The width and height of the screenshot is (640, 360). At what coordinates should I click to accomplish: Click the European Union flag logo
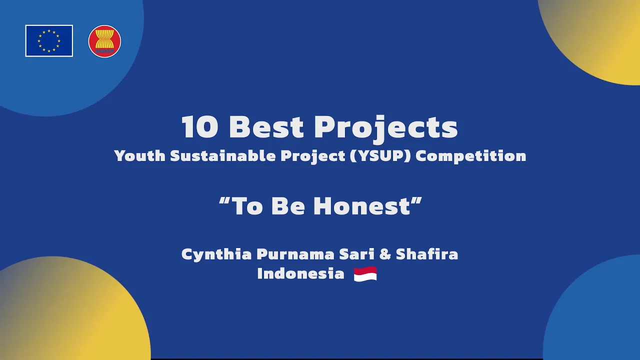(x=49, y=41)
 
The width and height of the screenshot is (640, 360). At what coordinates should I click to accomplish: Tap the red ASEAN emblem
(x=104, y=41)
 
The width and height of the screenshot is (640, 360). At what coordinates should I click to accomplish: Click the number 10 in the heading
(x=200, y=127)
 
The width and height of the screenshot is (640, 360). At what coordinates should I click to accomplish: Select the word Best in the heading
(x=266, y=127)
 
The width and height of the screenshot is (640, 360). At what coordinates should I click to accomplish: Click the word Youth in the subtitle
(x=139, y=156)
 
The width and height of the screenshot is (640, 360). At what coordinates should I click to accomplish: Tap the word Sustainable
(x=223, y=155)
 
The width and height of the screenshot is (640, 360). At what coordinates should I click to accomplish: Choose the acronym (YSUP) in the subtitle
(x=380, y=156)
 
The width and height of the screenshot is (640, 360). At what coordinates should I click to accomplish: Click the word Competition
(x=471, y=156)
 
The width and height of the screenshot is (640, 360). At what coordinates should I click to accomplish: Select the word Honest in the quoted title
(x=362, y=206)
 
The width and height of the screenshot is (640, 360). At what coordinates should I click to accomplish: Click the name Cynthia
(x=216, y=254)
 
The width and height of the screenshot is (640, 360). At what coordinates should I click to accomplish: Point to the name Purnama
(x=295, y=254)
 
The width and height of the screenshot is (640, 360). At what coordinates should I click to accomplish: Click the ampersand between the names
(x=385, y=254)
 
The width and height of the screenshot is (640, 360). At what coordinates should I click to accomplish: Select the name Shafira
(x=427, y=254)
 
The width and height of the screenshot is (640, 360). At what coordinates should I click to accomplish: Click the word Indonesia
(x=301, y=273)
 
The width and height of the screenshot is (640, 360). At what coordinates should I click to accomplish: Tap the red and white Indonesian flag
(x=365, y=274)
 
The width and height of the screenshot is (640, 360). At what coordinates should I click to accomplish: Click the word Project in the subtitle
(x=313, y=156)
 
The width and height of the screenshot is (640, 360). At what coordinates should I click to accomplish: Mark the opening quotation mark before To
(x=224, y=201)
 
